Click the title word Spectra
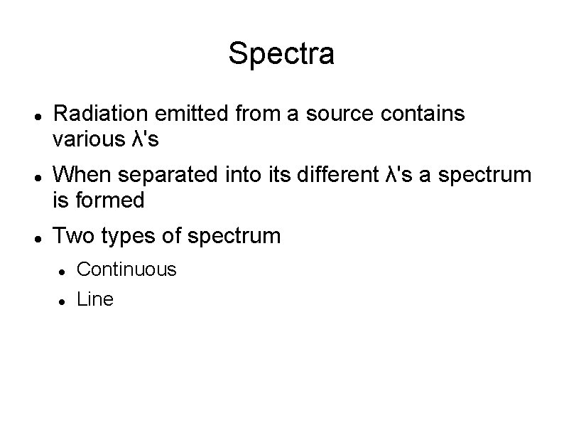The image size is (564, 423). [281, 54]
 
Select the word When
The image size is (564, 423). [79, 175]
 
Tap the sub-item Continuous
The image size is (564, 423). [126, 269]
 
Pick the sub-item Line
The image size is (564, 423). [94, 300]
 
